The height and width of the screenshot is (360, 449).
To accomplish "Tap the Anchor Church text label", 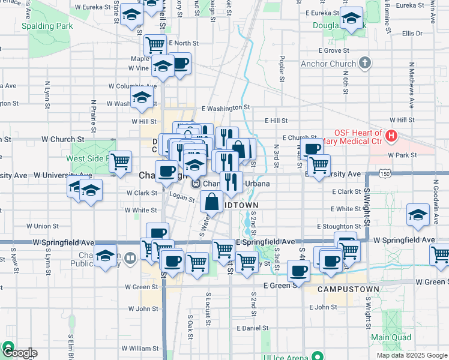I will pos(331,64).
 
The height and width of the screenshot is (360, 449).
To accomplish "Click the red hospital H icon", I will pos(391,136).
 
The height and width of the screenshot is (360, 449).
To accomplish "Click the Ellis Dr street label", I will pos(412,34).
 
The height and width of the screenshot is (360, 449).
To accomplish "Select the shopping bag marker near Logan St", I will pos(212,202).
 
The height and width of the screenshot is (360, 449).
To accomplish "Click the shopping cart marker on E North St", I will pos(155,44).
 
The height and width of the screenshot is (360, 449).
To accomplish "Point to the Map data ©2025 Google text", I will pos(412,355).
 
